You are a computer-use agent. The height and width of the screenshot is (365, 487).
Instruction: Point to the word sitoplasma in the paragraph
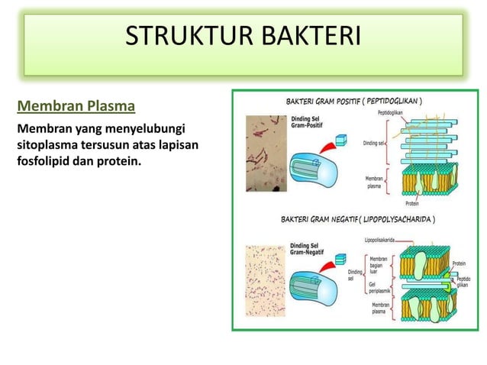tap(51, 143)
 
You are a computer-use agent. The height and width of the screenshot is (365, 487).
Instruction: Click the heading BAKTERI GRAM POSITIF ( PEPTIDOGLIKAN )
tap(355, 101)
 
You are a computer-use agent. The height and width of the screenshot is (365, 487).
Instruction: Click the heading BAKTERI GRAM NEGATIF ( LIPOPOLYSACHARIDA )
tap(359, 220)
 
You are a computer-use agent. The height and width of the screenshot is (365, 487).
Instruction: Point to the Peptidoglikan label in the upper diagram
tap(392, 113)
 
